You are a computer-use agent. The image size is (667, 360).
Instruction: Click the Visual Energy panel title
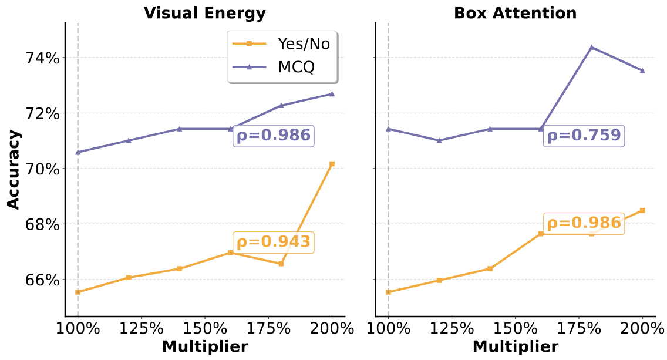click(204, 14)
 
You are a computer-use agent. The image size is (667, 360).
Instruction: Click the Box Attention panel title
click(515, 14)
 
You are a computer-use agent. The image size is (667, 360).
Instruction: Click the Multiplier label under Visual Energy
click(204, 347)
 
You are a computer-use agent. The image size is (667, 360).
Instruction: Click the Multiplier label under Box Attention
click(515, 347)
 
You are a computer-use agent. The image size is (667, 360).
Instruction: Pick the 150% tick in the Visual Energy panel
click(204, 328)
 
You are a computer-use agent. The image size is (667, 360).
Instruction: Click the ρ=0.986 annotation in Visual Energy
click(273, 136)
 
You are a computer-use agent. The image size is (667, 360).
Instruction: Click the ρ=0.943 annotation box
click(273, 242)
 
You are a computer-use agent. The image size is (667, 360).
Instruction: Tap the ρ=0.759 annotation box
click(584, 136)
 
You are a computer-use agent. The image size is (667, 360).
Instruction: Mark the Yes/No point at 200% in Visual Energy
click(332, 164)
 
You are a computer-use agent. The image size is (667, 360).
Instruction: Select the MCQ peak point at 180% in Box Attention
click(591, 47)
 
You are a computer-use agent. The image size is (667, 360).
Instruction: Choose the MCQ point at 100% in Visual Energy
click(78, 152)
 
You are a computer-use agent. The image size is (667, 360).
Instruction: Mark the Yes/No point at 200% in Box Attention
click(642, 210)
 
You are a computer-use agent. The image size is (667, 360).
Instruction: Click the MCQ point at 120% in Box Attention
click(439, 140)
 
